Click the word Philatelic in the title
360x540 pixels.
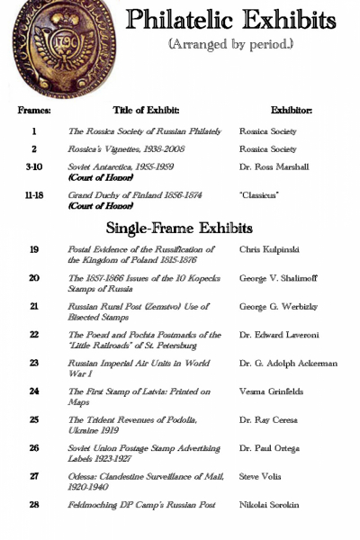[180, 20]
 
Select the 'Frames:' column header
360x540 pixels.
[34, 111]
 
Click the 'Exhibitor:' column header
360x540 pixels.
[291, 111]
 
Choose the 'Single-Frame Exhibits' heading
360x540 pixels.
[179, 228]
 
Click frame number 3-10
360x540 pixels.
[34, 167]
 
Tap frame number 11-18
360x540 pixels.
[34, 194]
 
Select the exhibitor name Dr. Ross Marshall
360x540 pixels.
[274, 167]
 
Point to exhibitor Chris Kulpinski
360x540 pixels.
[270, 249]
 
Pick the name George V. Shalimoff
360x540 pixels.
[278, 278]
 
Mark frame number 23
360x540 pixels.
[34, 363]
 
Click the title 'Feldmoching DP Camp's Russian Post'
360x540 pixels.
[141, 505]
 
